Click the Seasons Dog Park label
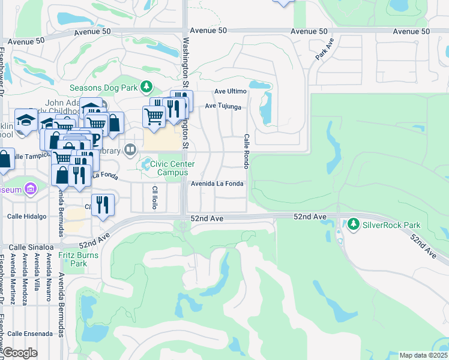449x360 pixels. pyautogui.click(x=103, y=88)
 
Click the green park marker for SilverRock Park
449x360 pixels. pyautogui.click(x=353, y=224)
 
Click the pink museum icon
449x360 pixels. pyautogui.click(x=31, y=190)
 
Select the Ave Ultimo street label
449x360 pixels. pyautogui.click(x=231, y=91)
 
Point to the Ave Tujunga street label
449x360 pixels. pyautogui.click(x=223, y=106)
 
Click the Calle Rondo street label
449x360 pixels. pyautogui.click(x=246, y=151)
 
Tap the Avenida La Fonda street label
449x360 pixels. pyautogui.click(x=217, y=184)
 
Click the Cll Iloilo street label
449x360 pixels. pyautogui.click(x=154, y=197)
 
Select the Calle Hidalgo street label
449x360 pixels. pyautogui.click(x=26, y=216)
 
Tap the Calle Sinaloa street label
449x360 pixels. pyautogui.click(x=26, y=247)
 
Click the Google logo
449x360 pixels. pyautogui.click(x=20, y=353)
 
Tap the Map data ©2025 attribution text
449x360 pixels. pyautogui.click(x=423, y=355)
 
